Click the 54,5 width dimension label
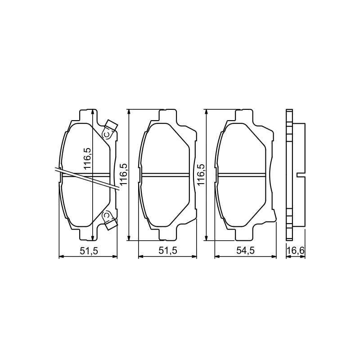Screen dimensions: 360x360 (x=245, y=251)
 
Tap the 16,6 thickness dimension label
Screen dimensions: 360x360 (x=296, y=251)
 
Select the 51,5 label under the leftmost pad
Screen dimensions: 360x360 (x=89, y=251)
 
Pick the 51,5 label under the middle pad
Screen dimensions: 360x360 (x=168, y=251)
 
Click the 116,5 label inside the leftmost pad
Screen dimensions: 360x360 (x=88, y=158)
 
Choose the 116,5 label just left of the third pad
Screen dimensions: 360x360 (x=201, y=175)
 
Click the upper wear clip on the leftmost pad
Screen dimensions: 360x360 (x=110, y=130)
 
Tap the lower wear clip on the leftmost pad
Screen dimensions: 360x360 (x=110, y=220)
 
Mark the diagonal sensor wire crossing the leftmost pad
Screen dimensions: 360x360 (x=87, y=178)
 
